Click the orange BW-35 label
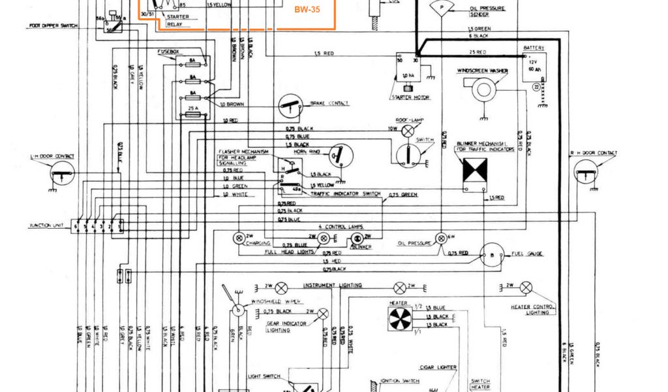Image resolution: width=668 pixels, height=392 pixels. [302, 10]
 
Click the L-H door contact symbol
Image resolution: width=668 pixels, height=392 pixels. [63, 173]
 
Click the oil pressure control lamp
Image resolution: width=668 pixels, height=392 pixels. [443, 236]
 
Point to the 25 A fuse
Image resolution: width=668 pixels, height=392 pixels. [193, 113]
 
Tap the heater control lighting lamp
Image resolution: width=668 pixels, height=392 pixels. [526, 287]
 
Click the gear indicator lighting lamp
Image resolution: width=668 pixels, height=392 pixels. [322, 313]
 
